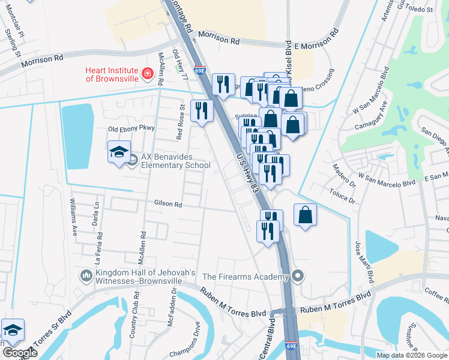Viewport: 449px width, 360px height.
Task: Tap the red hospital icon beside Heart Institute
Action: (146, 74)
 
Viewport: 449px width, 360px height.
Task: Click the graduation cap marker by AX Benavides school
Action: (119, 152)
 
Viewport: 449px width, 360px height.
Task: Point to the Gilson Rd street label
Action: (168, 204)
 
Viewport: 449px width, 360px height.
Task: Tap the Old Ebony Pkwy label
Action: (131, 128)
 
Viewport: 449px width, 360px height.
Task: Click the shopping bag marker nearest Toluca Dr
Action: (305, 215)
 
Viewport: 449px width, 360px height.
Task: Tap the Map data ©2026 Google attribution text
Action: (411, 355)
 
